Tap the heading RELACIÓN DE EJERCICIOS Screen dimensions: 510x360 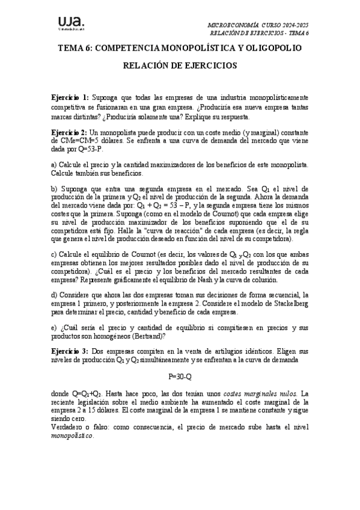tap(180, 65)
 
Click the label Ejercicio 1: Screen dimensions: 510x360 tap(70, 97)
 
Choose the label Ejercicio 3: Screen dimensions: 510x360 tap(70, 349)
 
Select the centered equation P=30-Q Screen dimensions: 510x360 tap(180, 376)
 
